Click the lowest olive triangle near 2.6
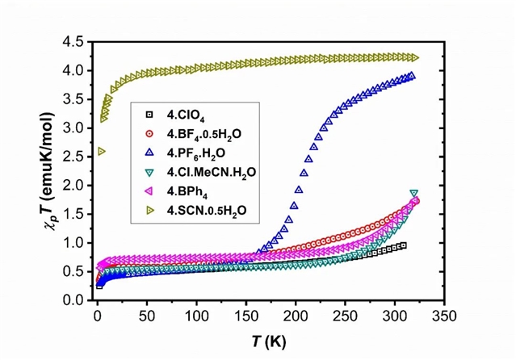pos(101,151)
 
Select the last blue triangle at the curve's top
pos(412,76)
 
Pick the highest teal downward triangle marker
pos(414,194)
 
